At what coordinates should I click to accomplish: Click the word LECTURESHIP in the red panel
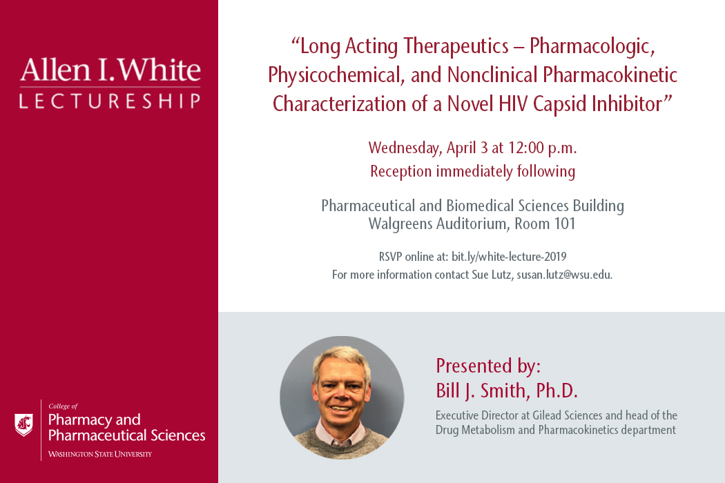(x=110, y=101)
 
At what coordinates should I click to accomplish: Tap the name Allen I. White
(x=110, y=70)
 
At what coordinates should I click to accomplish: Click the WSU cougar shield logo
(x=23, y=425)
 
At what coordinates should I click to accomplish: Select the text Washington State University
(x=100, y=454)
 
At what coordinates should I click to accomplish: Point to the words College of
(x=63, y=406)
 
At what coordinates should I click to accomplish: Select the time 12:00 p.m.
(x=542, y=148)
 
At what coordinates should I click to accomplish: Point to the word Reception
(x=401, y=172)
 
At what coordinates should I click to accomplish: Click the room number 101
(x=565, y=224)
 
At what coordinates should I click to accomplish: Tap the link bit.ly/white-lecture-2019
(x=509, y=257)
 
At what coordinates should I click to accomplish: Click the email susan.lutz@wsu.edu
(x=564, y=275)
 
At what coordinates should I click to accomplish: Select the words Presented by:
(x=488, y=366)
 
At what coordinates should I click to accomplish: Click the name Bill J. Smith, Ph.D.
(x=507, y=391)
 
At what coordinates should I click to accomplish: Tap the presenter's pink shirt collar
(x=340, y=436)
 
